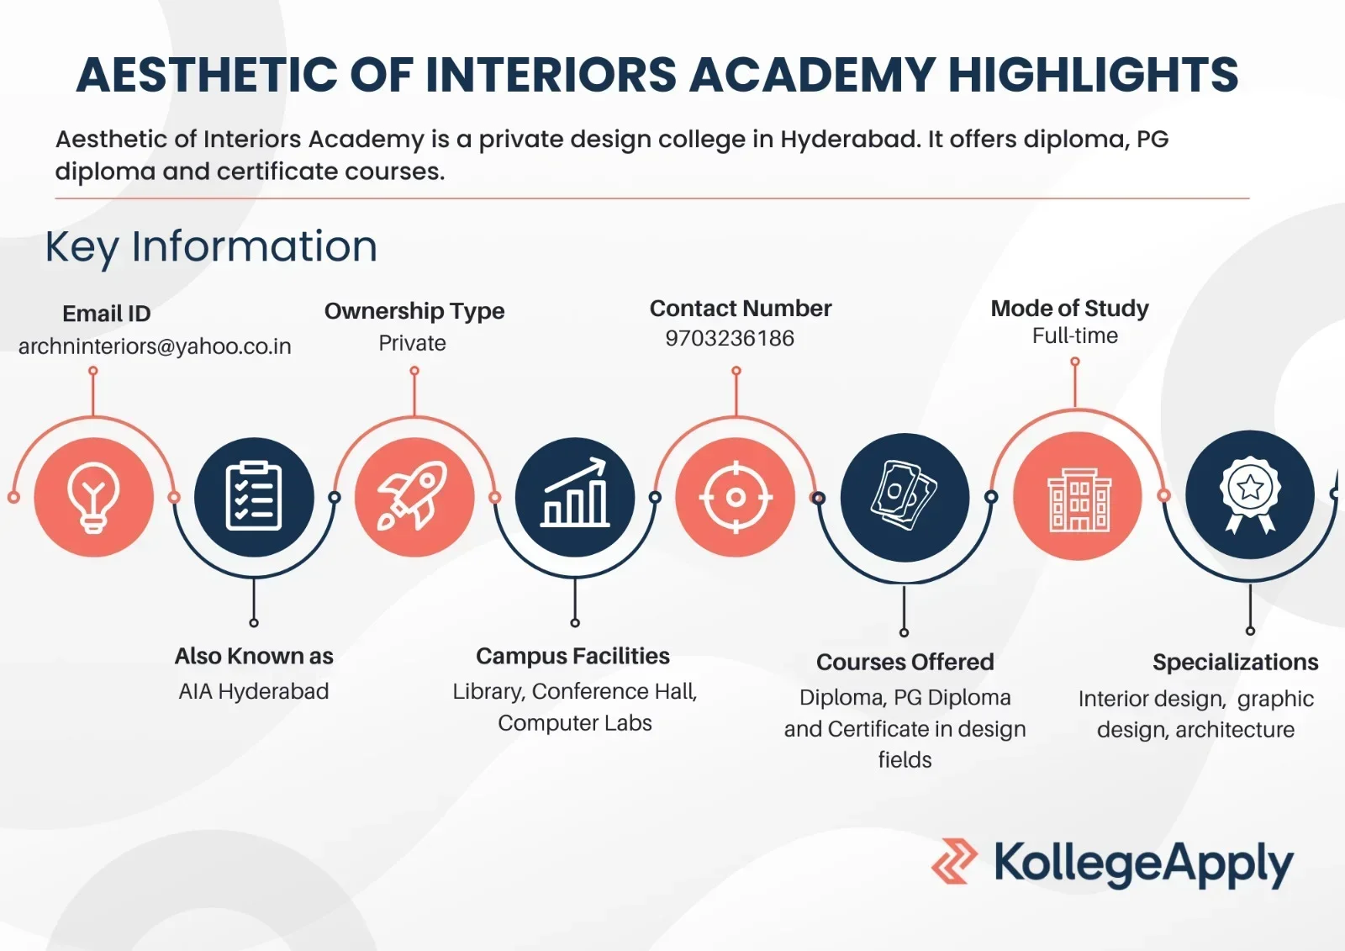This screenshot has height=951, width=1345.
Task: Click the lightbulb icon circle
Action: [x=93, y=498]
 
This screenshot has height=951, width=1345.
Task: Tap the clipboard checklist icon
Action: [x=254, y=497]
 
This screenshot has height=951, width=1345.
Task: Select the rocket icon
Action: [x=414, y=496]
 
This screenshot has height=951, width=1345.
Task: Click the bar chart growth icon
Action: [x=575, y=493]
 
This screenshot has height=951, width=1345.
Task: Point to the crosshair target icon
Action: [x=736, y=498]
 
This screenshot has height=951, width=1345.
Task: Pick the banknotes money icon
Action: [x=905, y=495]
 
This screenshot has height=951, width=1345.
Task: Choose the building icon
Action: [x=1079, y=499]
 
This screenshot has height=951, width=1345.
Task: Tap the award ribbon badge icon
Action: [x=1250, y=494]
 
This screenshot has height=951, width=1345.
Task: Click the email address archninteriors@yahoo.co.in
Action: [x=155, y=346]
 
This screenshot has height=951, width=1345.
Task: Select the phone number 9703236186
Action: [x=730, y=338]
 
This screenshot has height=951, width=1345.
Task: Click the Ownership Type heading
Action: [x=414, y=311]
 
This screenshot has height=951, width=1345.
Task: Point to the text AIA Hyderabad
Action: [x=253, y=691]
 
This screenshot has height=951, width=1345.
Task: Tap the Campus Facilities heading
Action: [x=572, y=656]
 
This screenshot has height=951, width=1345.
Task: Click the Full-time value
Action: [x=1075, y=335]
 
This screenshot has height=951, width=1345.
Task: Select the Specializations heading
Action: [x=1235, y=662]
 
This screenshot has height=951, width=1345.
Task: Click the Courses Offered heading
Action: [x=905, y=662]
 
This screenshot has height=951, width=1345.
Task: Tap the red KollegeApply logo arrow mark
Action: [x=954, y=861]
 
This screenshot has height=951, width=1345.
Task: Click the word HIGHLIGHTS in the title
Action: [x=1094, y=75]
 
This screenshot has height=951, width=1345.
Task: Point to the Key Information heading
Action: [x=211, y=247]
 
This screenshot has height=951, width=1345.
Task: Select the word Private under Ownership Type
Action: [x=412, y=343]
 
